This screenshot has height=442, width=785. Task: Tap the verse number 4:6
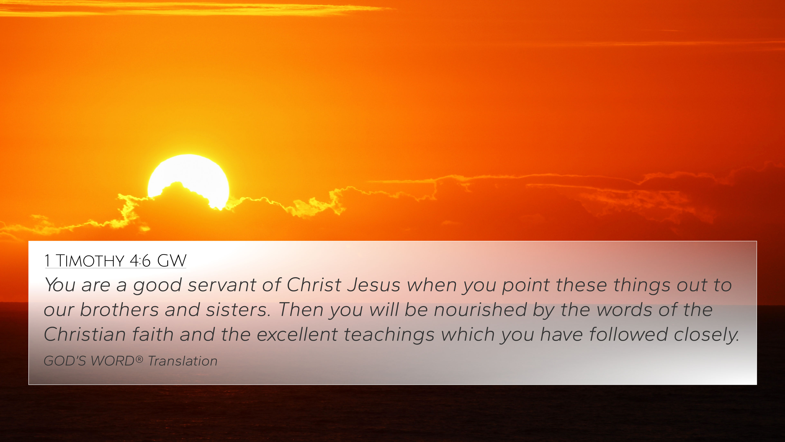[140, 261]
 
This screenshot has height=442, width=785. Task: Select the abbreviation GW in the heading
[172, 261]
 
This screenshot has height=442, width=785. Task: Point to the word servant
[222, 285]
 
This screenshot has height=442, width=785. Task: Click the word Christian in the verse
[85, 334]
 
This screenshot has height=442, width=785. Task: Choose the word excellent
[297, 334]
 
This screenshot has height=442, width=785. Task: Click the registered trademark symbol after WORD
[139, 359]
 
